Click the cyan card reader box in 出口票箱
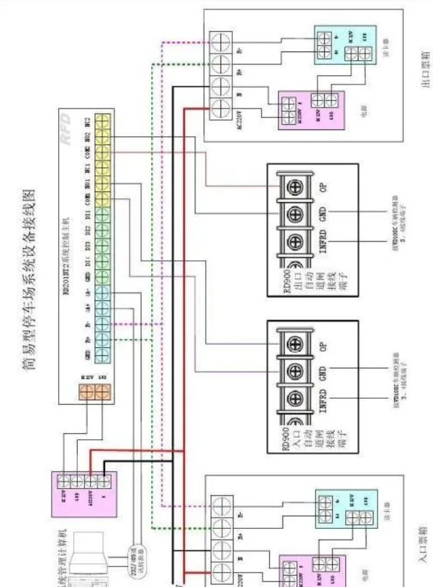click(342, 46)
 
